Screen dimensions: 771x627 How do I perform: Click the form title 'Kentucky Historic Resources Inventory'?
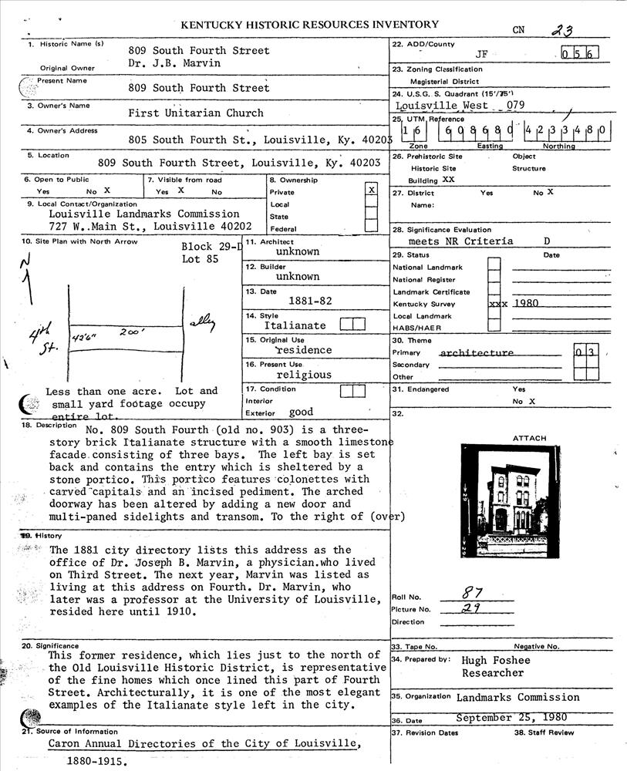(309, 25)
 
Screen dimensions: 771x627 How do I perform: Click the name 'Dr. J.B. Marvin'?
(175, 63)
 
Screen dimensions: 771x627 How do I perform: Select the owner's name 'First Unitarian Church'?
(196, 113)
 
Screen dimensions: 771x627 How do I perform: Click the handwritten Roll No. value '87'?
(469, 594)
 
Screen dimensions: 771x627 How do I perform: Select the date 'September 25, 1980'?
(512, 717)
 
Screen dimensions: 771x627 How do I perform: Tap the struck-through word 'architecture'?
(476, 353)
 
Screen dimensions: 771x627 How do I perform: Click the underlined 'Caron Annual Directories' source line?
(204, 744)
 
